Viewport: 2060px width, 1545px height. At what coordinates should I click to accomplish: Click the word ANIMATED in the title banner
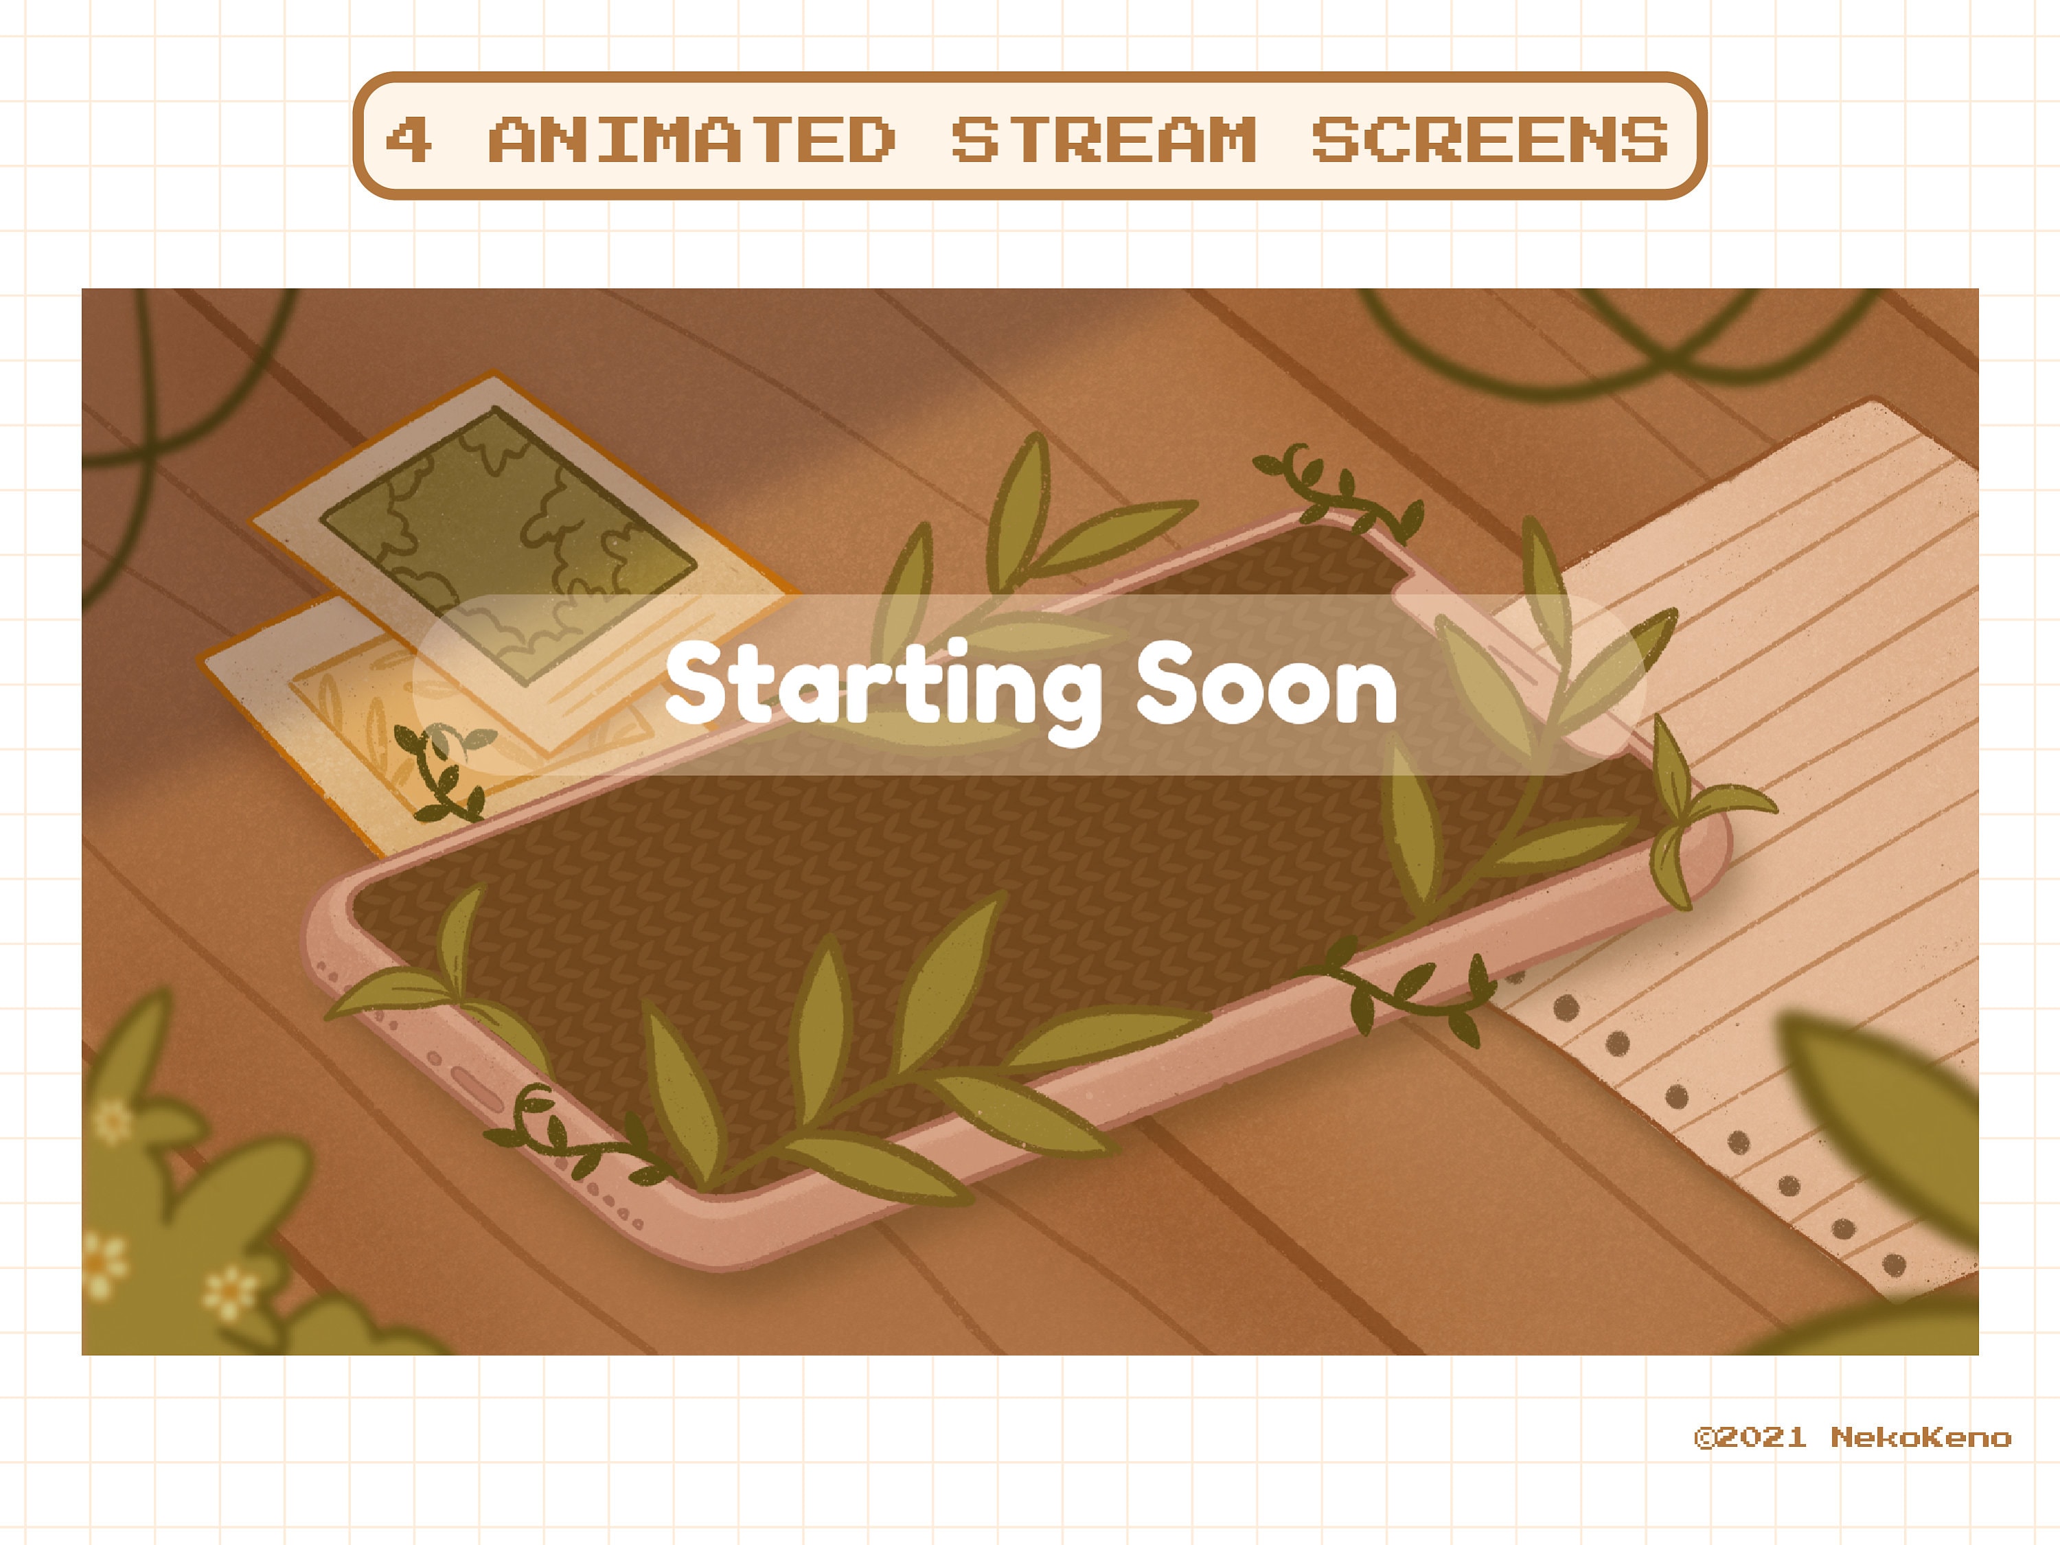click(691, 139)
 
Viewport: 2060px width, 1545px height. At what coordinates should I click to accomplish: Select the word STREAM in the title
click(1103, 139)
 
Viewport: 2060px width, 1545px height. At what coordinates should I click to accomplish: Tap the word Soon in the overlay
click(1266, 685)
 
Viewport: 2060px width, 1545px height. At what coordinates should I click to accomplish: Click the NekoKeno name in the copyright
click(1921, 1437)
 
